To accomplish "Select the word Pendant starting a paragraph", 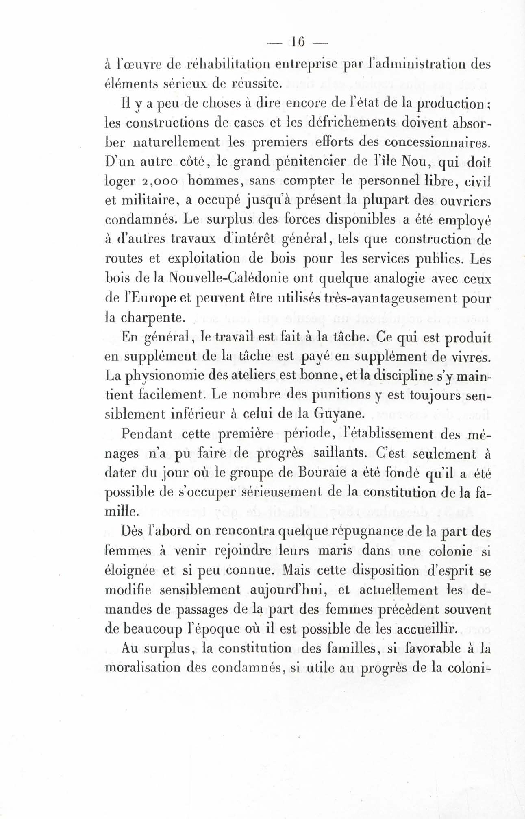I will (x=147, y=434).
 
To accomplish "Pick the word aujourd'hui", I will (x=289, y=590).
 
